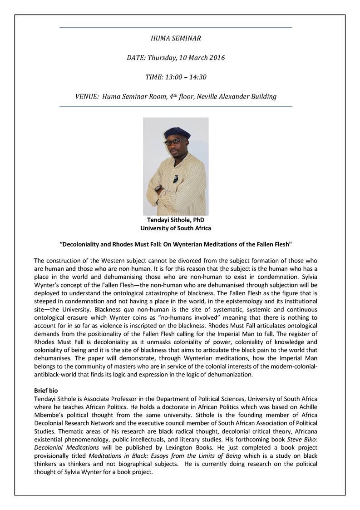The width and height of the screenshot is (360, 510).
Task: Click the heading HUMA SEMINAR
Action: (175, 39)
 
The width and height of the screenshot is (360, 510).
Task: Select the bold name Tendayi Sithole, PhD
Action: (176, 220)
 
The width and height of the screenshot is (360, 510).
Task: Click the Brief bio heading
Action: (46, 390)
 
